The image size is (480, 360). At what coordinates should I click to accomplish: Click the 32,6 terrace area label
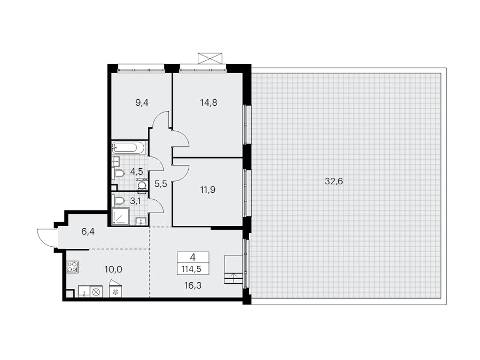[334, 181]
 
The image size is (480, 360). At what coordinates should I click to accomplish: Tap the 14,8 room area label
[208, 103]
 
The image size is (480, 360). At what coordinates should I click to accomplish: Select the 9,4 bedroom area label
[142, 103]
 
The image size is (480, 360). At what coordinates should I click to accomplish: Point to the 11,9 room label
[208, 190]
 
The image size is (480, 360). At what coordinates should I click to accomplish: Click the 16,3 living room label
[193, 285]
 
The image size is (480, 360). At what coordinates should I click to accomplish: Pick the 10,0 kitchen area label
[113, 269]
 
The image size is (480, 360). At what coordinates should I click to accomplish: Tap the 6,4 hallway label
[88, 231]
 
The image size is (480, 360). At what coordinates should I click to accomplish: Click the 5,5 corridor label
[160, 184]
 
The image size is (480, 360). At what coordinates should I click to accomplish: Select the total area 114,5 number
[193, 269]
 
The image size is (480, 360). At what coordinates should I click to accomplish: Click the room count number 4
[193, 257]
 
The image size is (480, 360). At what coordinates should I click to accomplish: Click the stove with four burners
[73, 267]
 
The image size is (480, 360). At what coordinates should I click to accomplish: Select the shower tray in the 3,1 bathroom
[121, 217]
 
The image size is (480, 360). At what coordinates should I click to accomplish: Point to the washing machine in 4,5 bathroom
[142, 186]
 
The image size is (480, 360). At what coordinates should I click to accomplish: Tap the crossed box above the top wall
[210, 58]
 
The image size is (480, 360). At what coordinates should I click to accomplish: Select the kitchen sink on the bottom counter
[84, 291]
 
